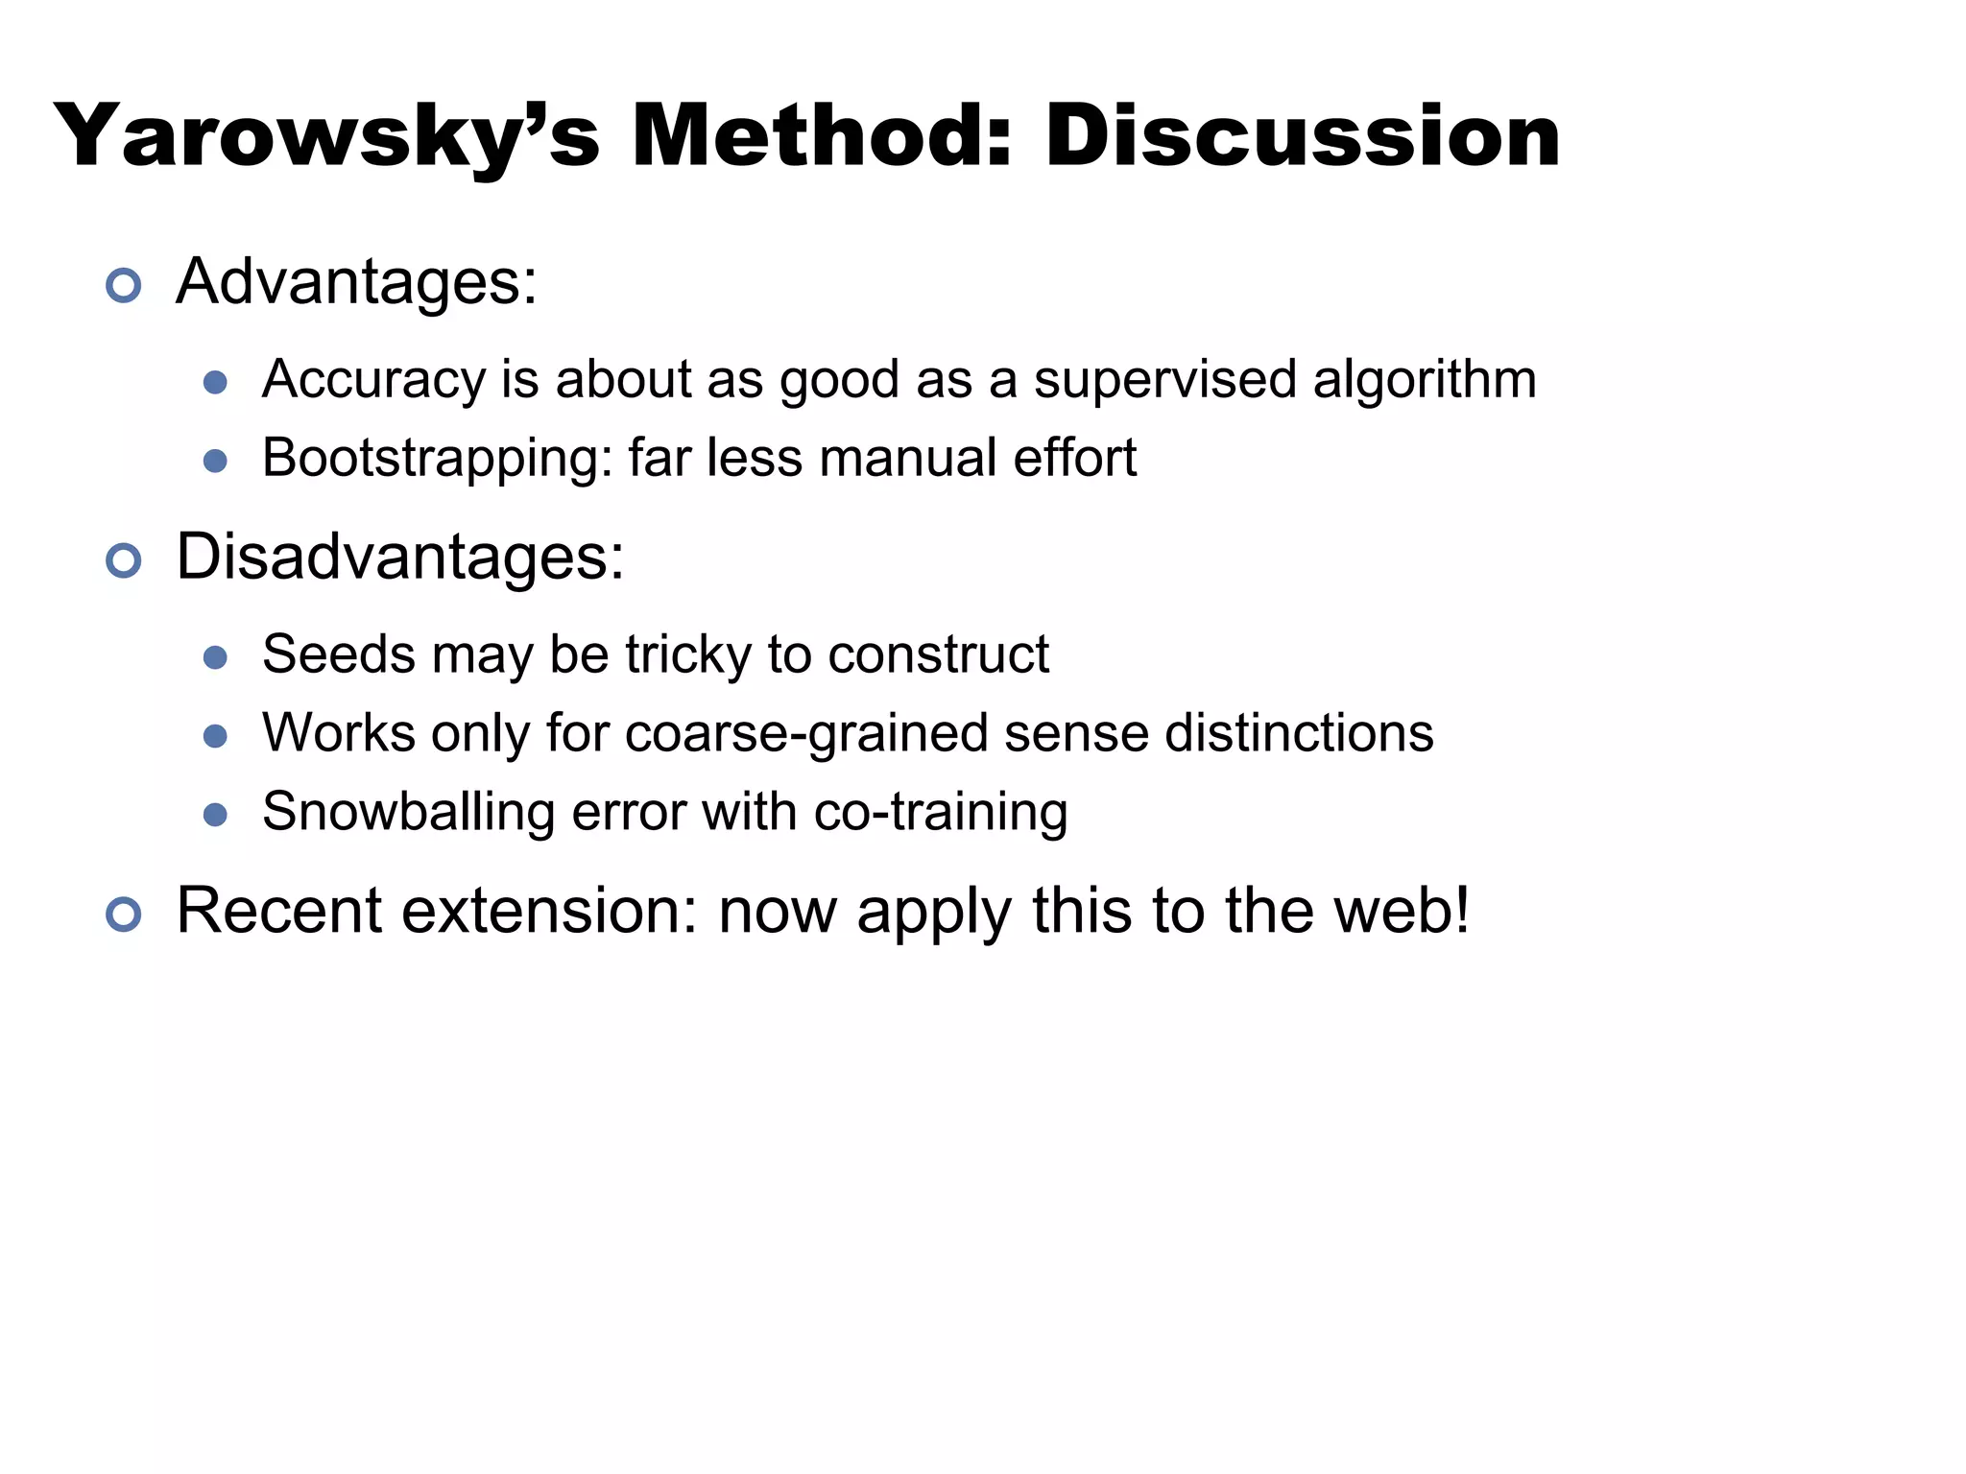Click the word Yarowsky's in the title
pos(326,137)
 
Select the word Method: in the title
pos(822,137)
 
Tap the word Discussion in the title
pos(1303,137)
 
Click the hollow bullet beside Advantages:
pos(124,285)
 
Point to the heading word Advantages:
pos(357,283)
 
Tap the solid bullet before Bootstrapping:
pos(215,462)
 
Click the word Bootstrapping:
pos(438,459)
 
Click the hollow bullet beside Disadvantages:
pos(124,560)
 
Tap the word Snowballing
pos(408,813)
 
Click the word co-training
pos(941,813)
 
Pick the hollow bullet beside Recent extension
pos(124,914)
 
